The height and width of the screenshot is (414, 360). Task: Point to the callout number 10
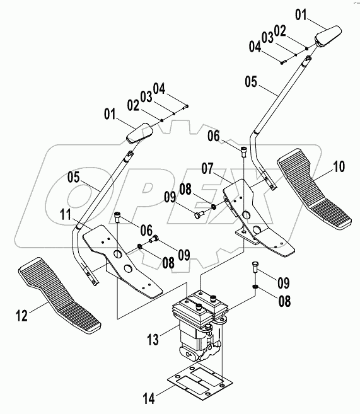[x=339, y=167]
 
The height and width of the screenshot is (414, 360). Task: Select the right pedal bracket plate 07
[x=258, y=214]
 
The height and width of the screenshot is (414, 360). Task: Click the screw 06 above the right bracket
[x=243, y=150]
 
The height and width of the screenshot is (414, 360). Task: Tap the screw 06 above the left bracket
[x=118, y=217]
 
